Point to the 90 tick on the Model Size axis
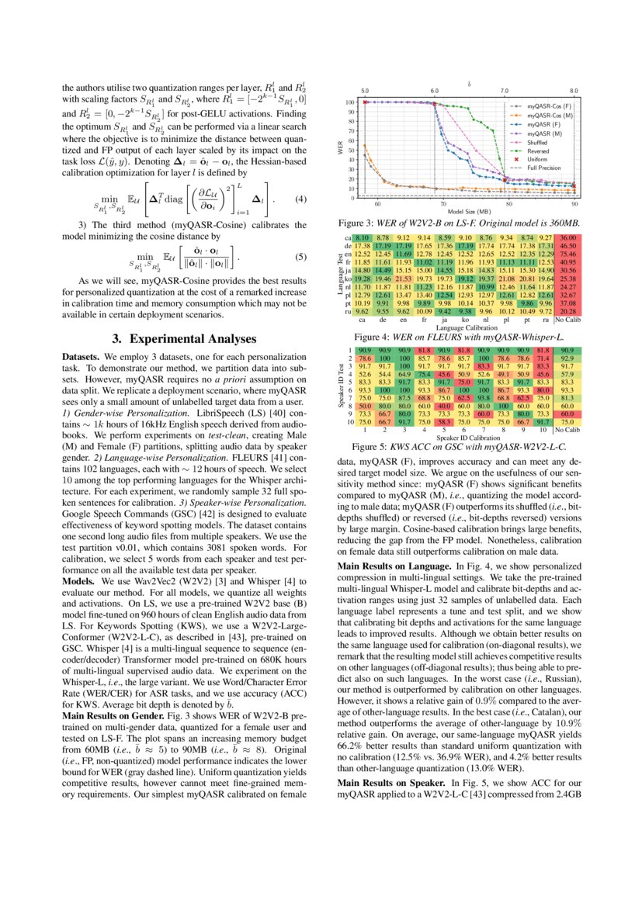coord(574,206)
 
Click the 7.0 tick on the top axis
coord(504,91)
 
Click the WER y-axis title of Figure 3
coord(340,147)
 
